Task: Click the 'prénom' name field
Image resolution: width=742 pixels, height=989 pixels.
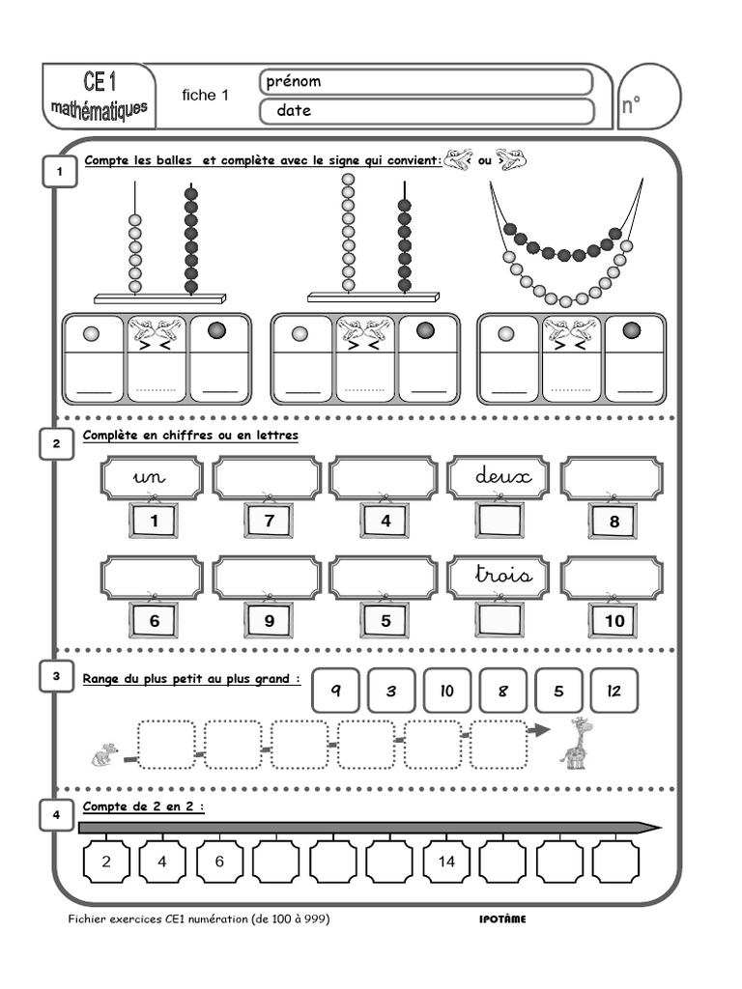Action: (x=426, y=82)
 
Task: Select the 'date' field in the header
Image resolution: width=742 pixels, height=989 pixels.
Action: (x=426, y=111)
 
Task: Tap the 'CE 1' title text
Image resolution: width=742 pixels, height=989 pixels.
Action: (x=100, y=83)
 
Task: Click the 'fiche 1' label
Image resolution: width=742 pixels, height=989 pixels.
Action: (x=206, y=95)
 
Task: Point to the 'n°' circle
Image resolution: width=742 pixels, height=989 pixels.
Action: (x=646, y=99)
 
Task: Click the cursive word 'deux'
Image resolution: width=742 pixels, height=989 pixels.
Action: (x=498, y=477)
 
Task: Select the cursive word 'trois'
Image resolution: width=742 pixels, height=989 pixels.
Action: (x=503, y=576)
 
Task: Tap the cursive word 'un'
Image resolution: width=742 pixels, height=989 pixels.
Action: (x=152, y=477)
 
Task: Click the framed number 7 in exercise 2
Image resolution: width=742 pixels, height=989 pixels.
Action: (x=268, y=522)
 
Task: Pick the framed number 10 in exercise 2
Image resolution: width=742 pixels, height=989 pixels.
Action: (x=614, y=620)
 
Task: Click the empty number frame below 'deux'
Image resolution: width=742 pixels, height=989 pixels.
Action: (x=499, y=522)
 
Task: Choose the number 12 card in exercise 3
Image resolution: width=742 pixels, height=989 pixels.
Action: (x=614, y=691)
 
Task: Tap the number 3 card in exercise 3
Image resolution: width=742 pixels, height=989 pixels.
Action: (x=391, y=691)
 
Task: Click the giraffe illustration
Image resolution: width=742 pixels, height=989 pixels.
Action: (x=577, y=743)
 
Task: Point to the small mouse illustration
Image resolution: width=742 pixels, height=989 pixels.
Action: (x=104, y=753)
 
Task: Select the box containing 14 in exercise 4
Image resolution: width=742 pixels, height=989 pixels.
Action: (x=446, y=862)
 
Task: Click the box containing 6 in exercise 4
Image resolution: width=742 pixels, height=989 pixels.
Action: (x=220, y=862)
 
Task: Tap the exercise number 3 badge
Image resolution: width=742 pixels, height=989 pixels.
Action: (x=57, y=677)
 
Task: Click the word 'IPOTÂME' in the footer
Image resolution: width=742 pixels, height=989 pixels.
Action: (x=502, y=919)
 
